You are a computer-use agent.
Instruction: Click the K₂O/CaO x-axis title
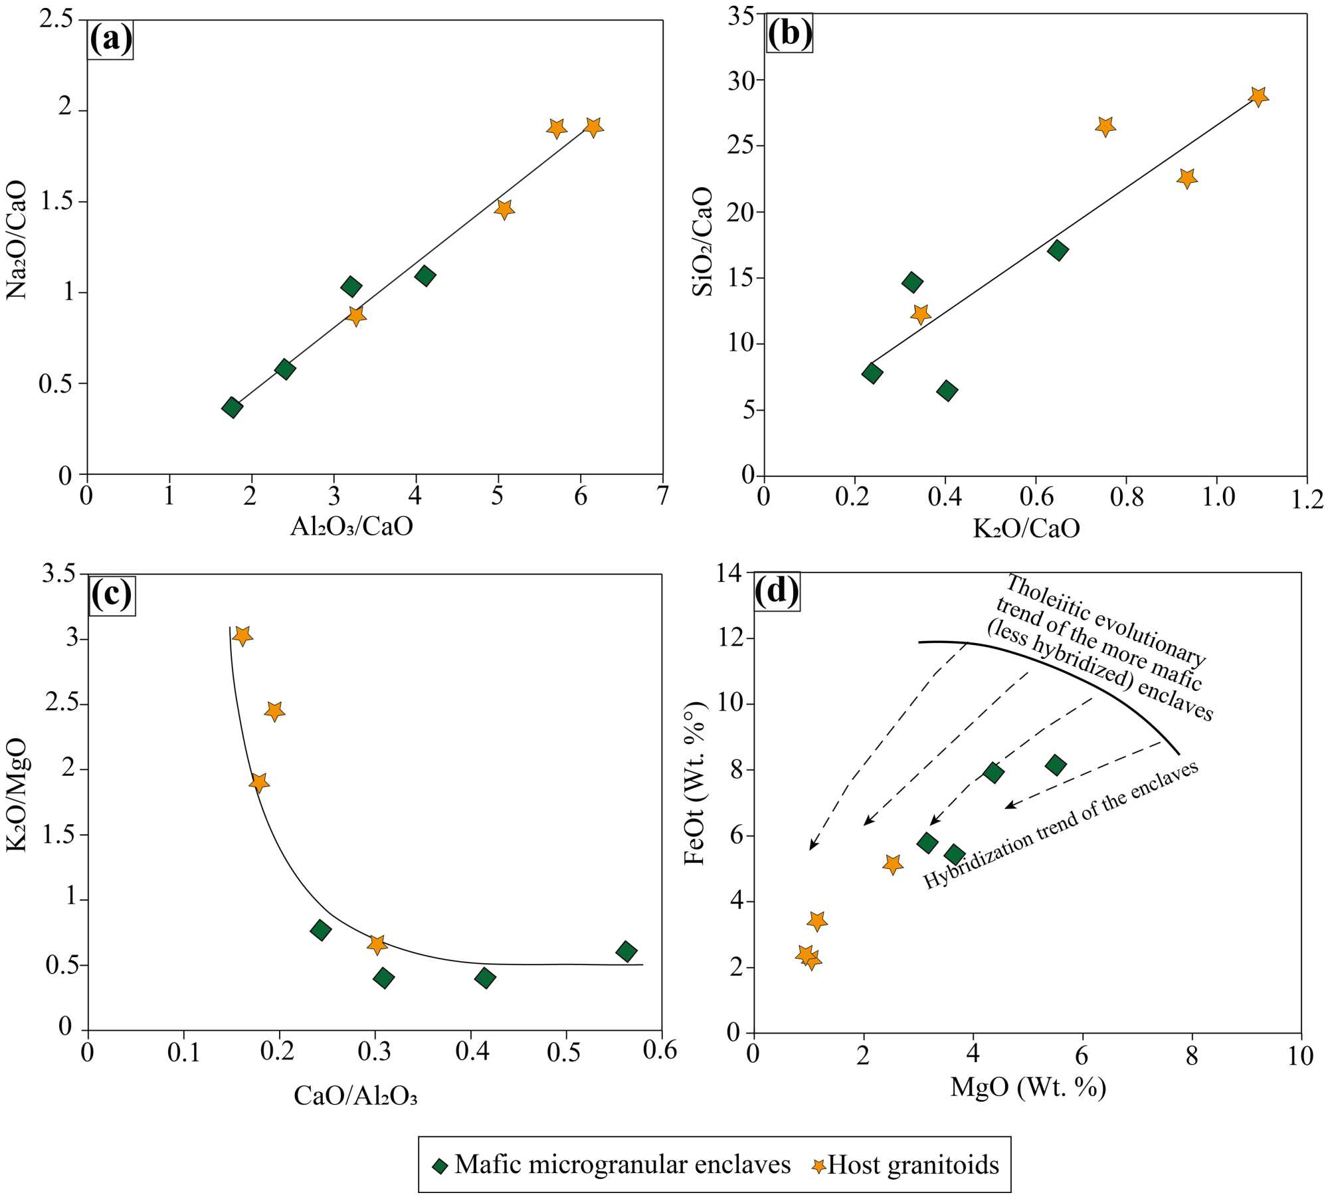click(x=1026, y=528)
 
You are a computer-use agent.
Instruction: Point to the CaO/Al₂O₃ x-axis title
click(x=355, y=1095)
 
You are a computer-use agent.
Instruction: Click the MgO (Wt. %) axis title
click(x=1028, y=1087)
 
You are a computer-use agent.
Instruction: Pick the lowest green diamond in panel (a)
click(x=232, y=407)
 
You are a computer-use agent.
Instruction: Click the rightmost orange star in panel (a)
click(x=593, y=126)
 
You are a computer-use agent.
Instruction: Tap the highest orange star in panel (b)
click(x=1258, y=96)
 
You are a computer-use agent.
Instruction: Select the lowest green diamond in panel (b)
click(x=947, y=391)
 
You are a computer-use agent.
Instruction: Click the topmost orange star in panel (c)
click(x=242, y=636)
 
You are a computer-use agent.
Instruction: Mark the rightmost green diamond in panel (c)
click(x=626, y=951)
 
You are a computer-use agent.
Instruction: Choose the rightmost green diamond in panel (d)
click(x=1055, y=765)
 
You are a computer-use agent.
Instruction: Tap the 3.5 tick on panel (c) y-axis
click(x=58, y=574)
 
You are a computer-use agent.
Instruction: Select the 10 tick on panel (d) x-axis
click(x=1300, y=1056)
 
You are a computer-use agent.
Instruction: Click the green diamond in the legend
click(x=440, y=1166)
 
